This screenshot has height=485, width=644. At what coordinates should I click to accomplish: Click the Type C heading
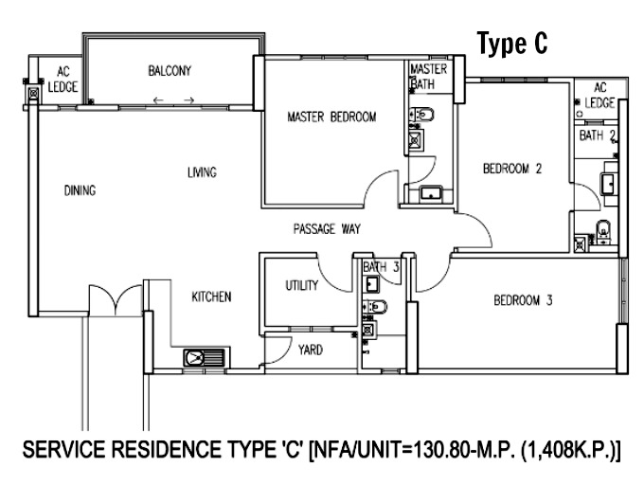[x=512, y=44]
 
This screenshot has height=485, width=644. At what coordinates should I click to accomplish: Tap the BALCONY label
[x=170, y=71]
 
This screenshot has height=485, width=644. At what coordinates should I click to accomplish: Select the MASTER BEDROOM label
[x=331, y=117]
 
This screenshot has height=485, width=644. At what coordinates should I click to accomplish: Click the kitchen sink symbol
[x=205, y=358]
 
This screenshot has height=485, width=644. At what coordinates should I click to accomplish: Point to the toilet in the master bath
[x=421, y=115]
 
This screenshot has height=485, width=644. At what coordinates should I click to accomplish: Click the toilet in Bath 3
[x=375, y=306]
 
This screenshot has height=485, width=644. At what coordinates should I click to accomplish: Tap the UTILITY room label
[x=302, y=285]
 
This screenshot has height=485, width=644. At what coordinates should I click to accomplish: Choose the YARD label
[x=311, y=350]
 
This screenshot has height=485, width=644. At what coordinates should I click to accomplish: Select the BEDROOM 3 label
[x=523, y=300]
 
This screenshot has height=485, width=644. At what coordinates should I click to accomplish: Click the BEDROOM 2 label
[x=512, y=169]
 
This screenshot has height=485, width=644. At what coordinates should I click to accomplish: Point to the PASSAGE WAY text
[x=327, y=228]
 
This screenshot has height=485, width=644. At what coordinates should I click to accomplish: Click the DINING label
[x=80, y=190]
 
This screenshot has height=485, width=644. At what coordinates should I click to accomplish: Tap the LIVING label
[x=202, y=172]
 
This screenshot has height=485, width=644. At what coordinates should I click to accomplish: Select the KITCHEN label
[x=211, y=296]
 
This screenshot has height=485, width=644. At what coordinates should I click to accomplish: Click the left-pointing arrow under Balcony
[x=158, y=100]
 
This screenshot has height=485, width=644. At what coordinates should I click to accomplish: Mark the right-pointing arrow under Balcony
[x=188, y=100]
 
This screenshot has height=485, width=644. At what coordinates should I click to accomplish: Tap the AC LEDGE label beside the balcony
[x=63, y=80]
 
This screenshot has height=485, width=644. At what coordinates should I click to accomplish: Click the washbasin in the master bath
[x=431, y=193]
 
